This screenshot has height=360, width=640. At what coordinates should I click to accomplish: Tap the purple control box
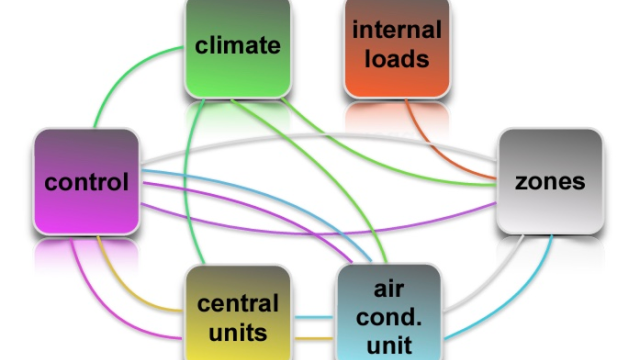pos(86,182)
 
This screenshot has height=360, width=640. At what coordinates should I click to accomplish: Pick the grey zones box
pos(550,182)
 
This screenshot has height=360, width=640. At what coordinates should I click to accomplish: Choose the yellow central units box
pos(238,312)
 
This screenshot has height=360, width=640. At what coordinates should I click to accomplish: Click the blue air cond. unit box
pos(389,312)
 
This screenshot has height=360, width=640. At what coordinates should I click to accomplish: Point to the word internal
pos(397,30)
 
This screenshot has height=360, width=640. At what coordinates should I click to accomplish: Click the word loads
pos(397,59)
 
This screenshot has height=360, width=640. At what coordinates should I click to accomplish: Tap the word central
pos(238,304)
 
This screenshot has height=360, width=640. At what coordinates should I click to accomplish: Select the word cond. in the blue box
pos(389,317)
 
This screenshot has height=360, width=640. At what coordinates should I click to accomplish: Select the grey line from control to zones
pos(318,136)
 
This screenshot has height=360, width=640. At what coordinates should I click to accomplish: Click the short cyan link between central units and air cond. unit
pos(313,317)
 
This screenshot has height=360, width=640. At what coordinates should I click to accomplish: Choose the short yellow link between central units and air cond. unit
pos(313,338)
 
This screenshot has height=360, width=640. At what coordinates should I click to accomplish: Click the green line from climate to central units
pos(186,179)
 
